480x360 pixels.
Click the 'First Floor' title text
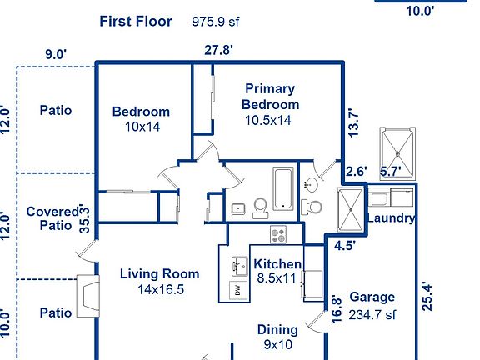(x=136, y=22)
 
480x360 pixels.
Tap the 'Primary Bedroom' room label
(x=270, y=97)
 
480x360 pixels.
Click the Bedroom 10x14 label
(x=141, y=119)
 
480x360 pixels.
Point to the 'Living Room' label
(x=159, y=273)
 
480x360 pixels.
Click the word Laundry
(x=391, y=218)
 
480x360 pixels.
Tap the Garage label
(x=372, y=297)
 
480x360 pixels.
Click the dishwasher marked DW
(x=237, y=290)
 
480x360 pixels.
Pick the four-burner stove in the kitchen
(x=277, y=235)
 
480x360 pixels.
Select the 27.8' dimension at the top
(x=218, y=50)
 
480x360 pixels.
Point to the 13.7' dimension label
(x=354, y=122)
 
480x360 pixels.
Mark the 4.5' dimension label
(x=344, y=246)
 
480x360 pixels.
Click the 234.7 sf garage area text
(x=372, y=314)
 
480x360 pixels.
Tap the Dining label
(x=277, y=330)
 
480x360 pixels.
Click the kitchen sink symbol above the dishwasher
(x=237, y=267)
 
